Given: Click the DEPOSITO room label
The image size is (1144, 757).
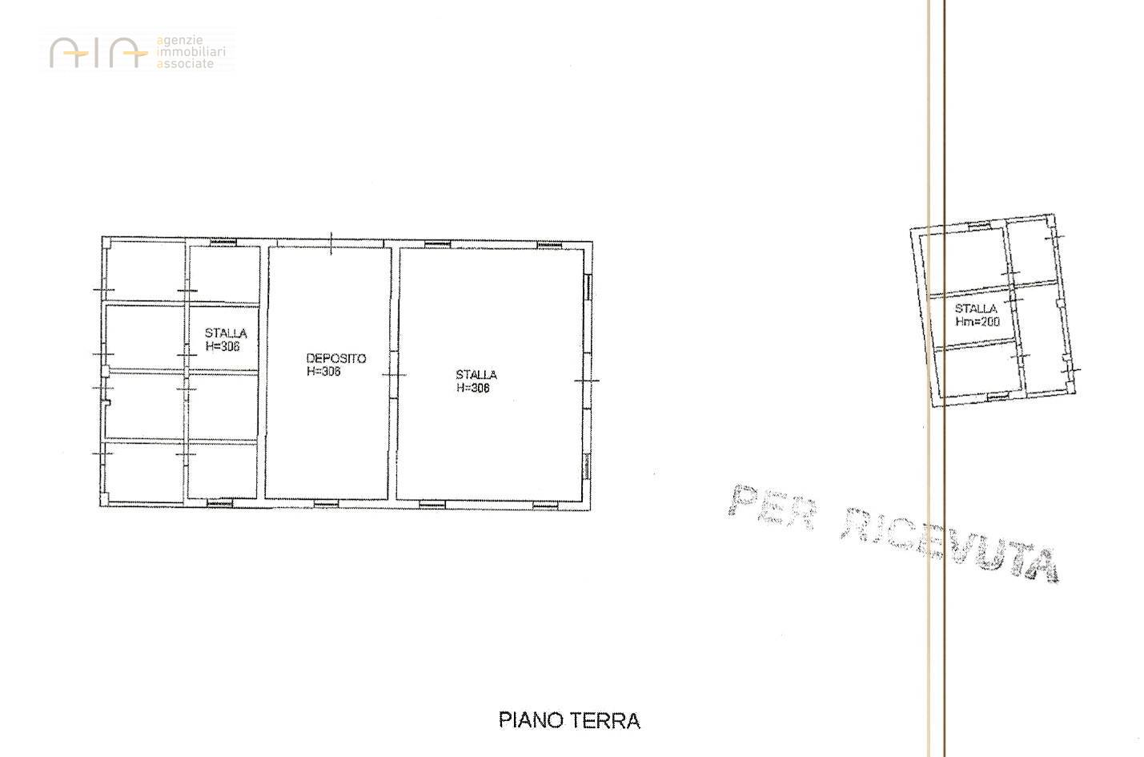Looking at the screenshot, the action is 336,358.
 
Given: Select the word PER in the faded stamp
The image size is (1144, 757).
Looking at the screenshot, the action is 771,507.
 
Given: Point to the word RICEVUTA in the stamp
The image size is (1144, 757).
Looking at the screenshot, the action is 950,545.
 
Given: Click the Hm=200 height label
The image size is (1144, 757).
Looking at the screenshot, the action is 977,321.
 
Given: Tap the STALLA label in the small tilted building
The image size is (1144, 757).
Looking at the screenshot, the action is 976,308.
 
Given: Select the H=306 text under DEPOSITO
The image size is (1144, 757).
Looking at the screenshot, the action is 323,372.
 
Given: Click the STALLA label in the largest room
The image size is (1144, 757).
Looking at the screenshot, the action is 476,375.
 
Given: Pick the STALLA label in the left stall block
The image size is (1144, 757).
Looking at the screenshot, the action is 226,333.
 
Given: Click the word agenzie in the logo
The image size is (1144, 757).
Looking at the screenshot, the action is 180,41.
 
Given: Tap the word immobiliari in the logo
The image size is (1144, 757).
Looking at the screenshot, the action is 191,52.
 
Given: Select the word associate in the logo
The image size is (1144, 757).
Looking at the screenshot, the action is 186,64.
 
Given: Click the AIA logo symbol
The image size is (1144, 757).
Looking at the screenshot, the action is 98,53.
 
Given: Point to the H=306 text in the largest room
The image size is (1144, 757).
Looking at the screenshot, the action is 473,388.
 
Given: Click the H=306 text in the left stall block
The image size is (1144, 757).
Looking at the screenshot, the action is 223,347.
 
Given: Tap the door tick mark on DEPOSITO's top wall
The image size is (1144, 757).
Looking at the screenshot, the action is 331,243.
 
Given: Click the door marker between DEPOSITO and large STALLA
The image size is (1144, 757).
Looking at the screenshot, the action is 394,375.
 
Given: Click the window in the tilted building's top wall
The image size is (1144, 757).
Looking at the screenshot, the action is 978,225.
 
